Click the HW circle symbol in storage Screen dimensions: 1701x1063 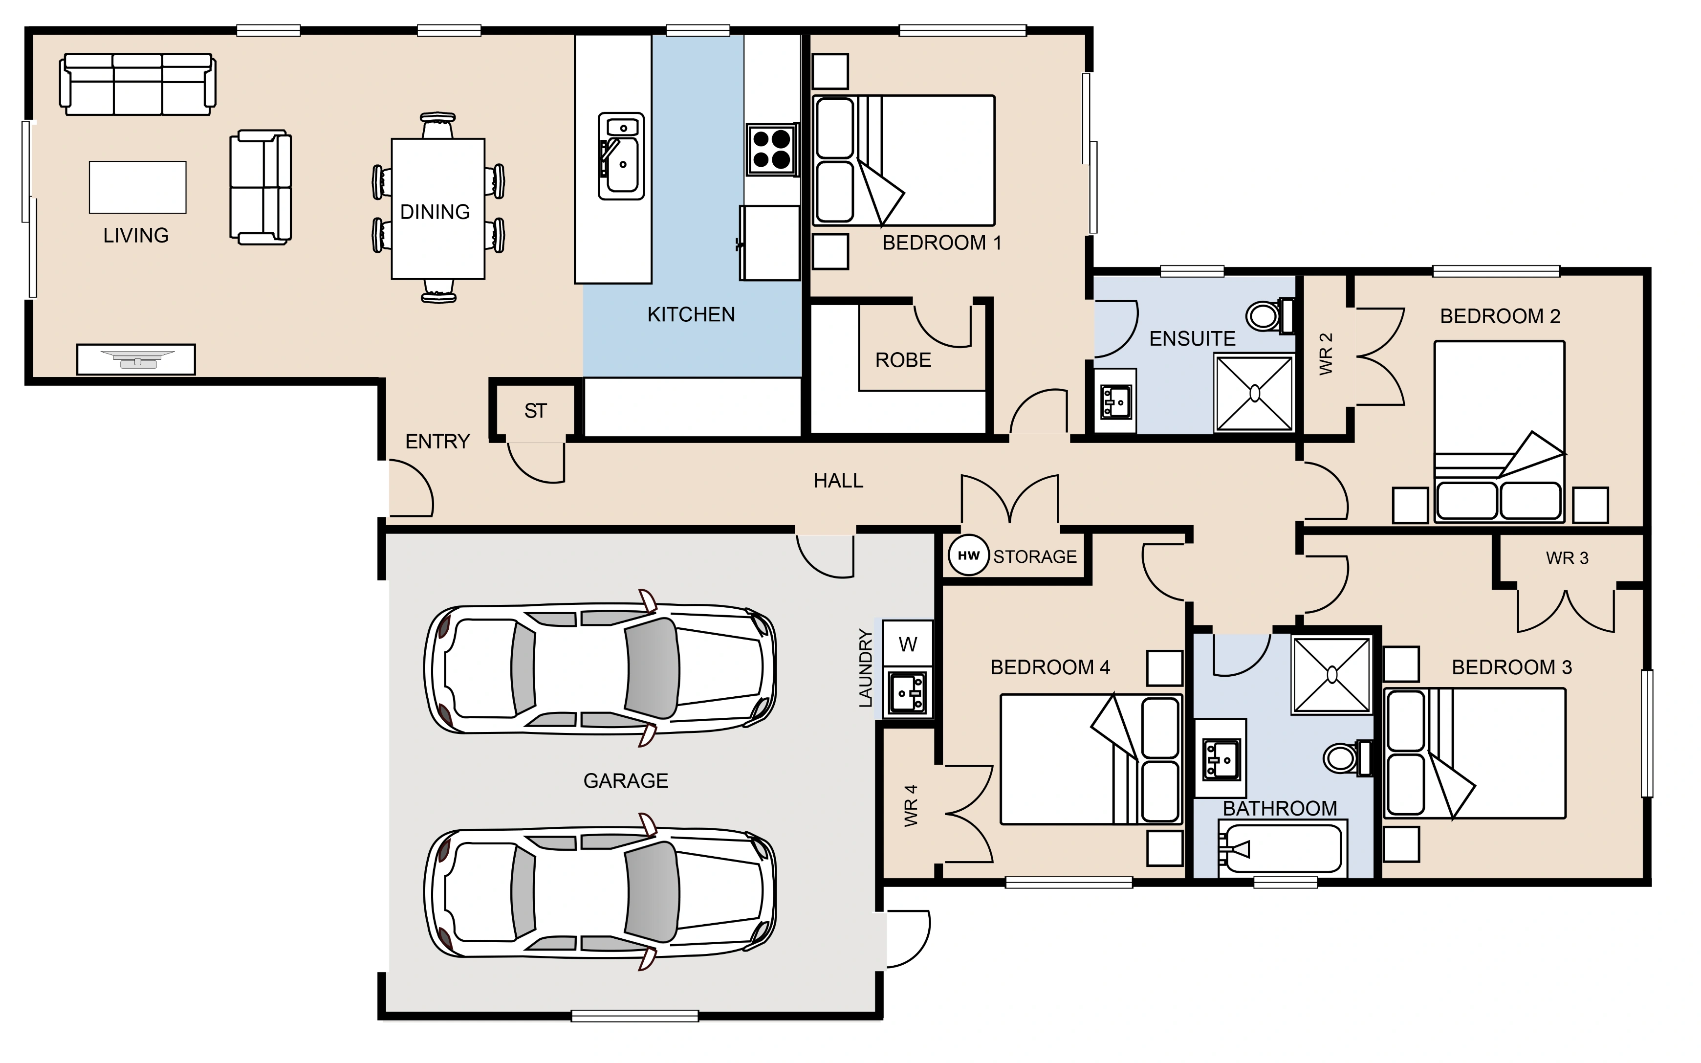pyautogui.click(x=968, y=555)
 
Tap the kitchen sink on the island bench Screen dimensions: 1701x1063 pyautogui.click(x=621, y=156)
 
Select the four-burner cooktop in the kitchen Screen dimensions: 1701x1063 pyautogui.click(x=771, y=149)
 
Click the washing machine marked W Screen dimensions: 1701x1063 pyautogui.click(x=907, y=643)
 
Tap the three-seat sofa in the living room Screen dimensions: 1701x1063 pyautogui.click(x=138, y=85)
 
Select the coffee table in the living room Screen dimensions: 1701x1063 pyautogui.click(x=138, y=187)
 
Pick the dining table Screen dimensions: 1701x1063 pyautogui.click(x=438, y=209)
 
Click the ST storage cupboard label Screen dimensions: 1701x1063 pyautogui.click(x=535, y=411)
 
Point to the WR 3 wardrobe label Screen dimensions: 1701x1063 pyautogui.click(x=1567, y=558)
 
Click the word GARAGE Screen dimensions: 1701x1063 pyautogui.click(x=626, y=780)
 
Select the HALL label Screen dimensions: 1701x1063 pyautogui.click(x=838, y=481)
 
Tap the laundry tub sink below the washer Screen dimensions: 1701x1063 pyautogui.click(x=908, y=692)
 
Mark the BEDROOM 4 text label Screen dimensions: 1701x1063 pyautogui.click(x=1050, y=667)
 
